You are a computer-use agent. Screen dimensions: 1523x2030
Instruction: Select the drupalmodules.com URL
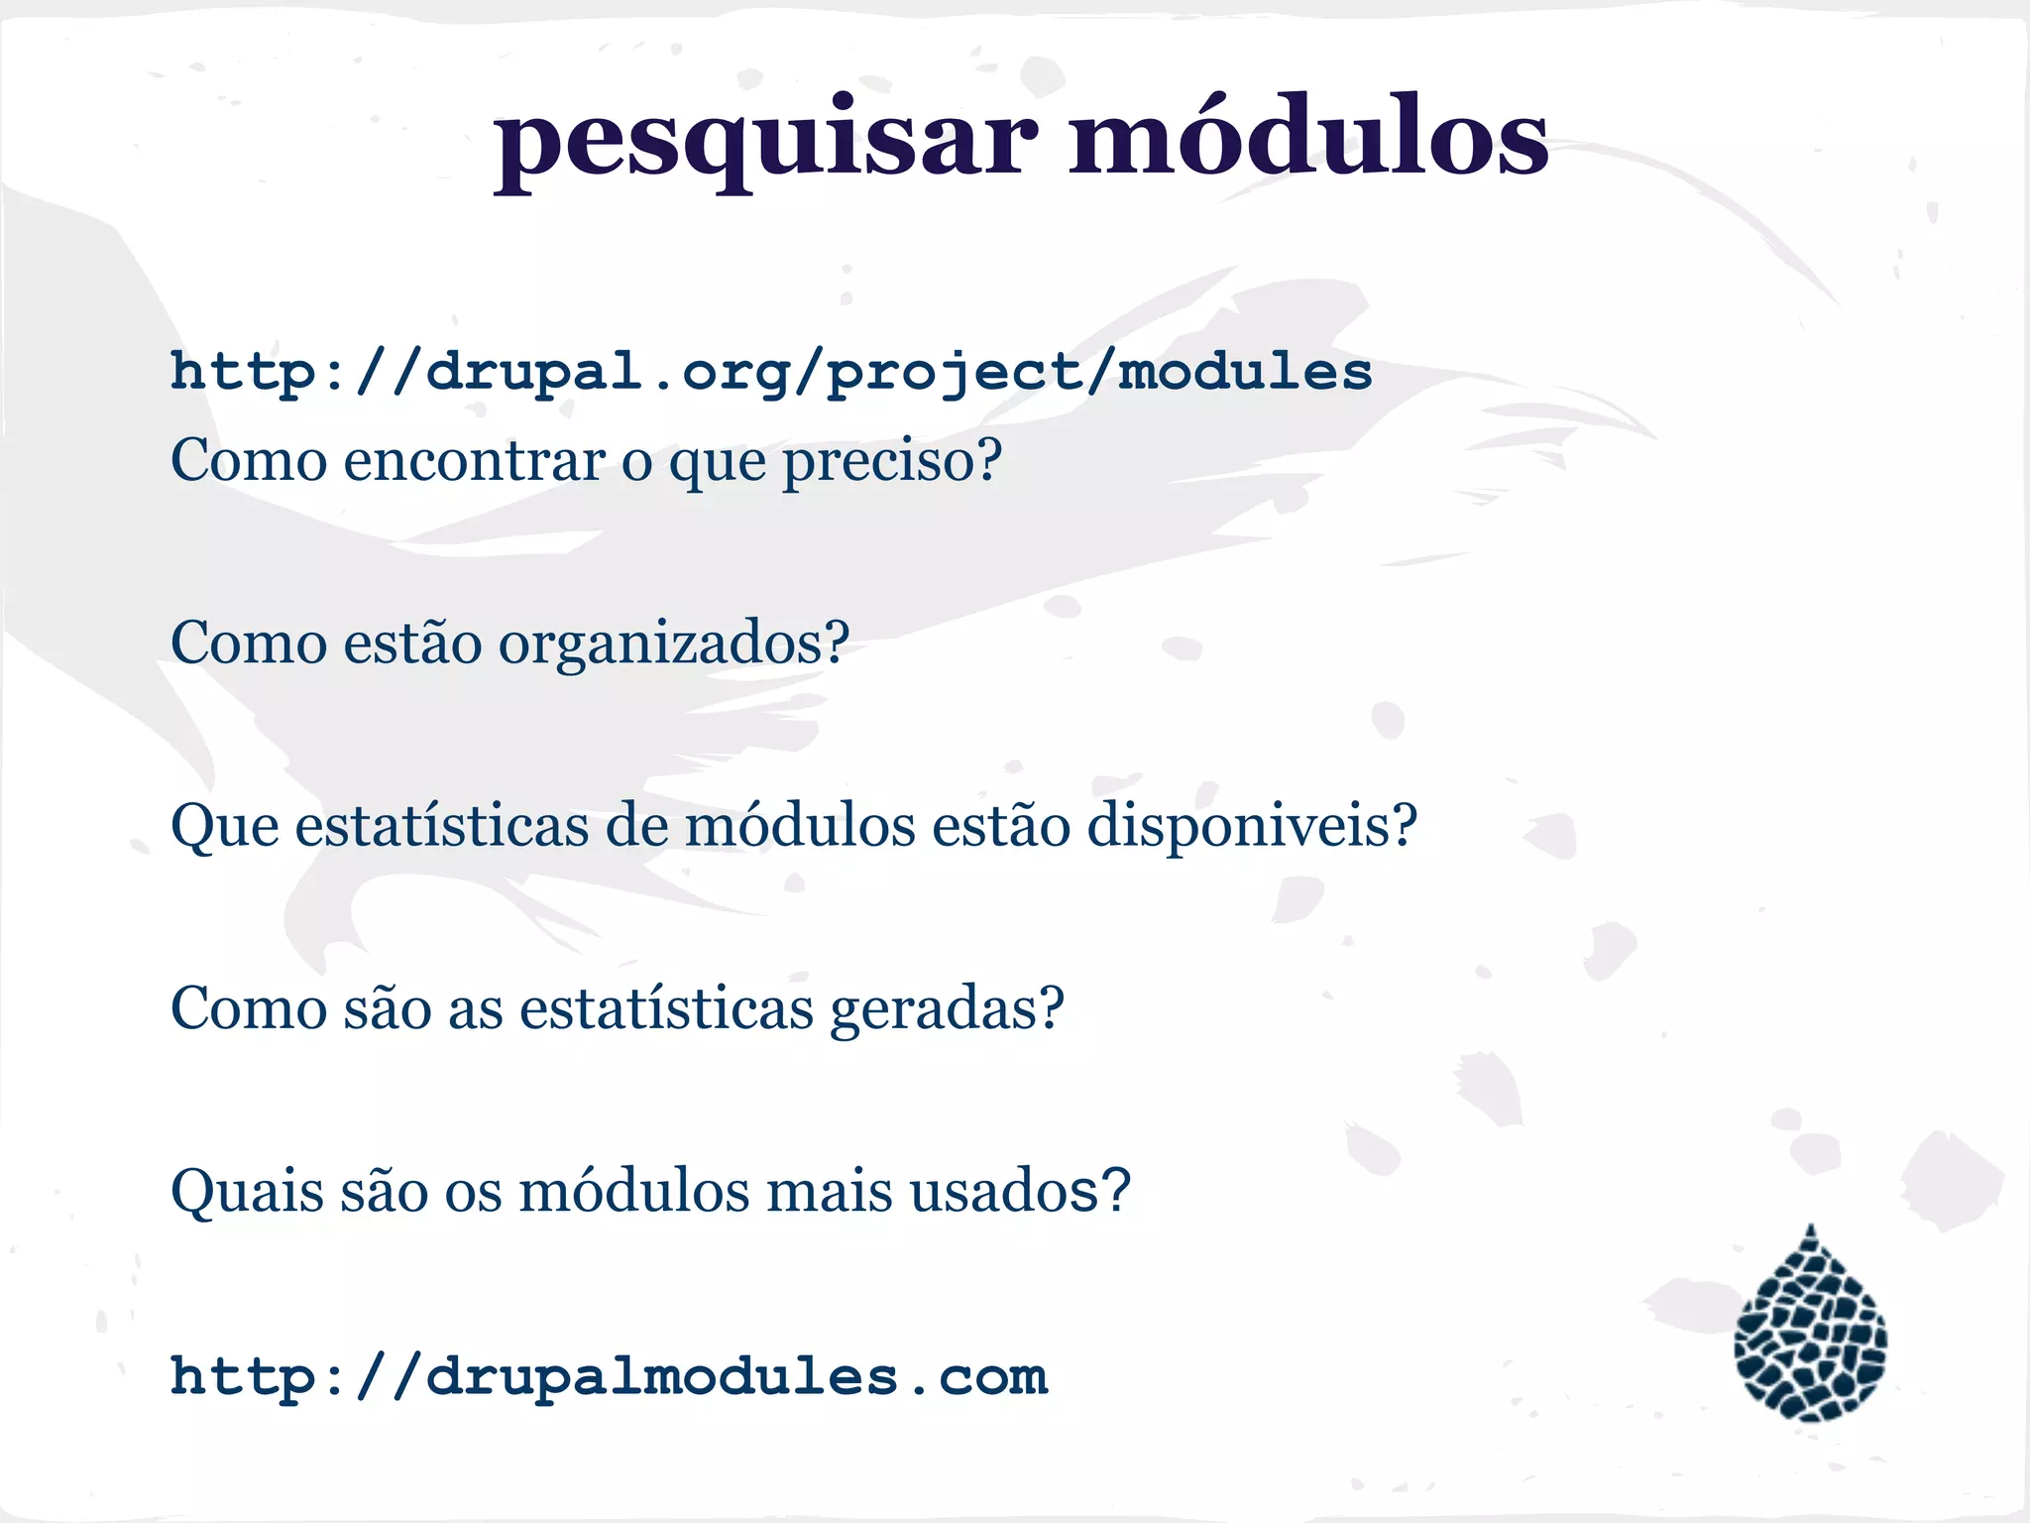pos(609,1377)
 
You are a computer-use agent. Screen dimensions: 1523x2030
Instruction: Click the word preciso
pos(880,462)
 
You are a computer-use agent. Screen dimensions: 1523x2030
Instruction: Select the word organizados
pos(662,644)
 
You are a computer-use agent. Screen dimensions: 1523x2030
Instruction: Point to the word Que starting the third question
pos(225,827)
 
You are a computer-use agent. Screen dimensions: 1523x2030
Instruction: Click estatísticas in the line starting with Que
pos(441,825)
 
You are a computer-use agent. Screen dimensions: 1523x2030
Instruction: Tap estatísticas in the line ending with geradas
pos(666,1007)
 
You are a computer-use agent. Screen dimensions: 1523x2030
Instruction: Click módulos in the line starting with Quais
pos(634,1190)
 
